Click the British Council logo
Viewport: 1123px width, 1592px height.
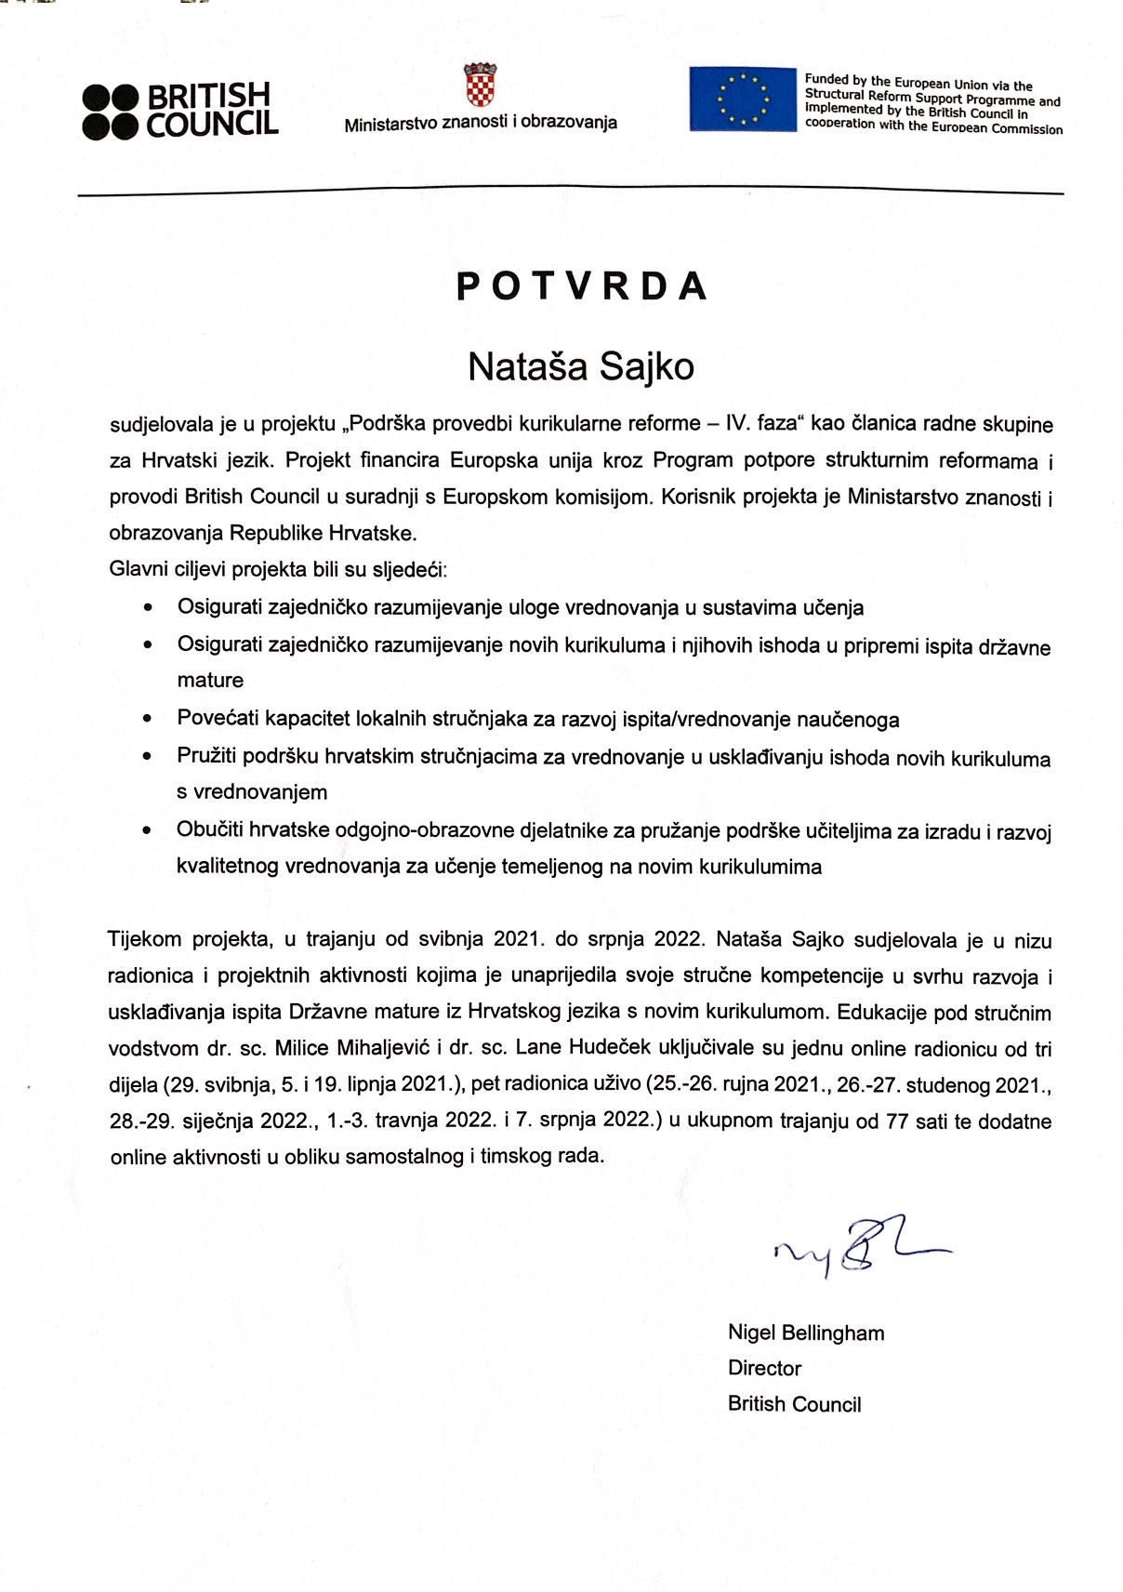[180, 111]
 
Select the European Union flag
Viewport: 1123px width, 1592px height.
[743, 99]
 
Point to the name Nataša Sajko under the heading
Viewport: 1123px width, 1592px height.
[580, 366]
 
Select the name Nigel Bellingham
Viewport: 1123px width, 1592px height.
[805, 1333]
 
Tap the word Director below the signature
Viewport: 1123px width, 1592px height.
[764, 1368]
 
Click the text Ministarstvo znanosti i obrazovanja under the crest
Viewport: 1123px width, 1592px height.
[480, 123]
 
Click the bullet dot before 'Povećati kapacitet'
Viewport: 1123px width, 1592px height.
[147, 719]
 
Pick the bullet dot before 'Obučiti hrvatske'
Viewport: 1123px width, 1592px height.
[147, 830]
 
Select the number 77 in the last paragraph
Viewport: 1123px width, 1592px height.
[896, 1121]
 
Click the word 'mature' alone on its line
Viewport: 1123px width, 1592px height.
[210, 681]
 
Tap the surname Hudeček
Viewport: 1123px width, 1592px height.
[584, 1048]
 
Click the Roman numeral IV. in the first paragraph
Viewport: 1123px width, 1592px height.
[739, 424]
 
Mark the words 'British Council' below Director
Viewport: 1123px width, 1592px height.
[794, 1404]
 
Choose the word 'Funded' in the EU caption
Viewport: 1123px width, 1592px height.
[826, 80]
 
